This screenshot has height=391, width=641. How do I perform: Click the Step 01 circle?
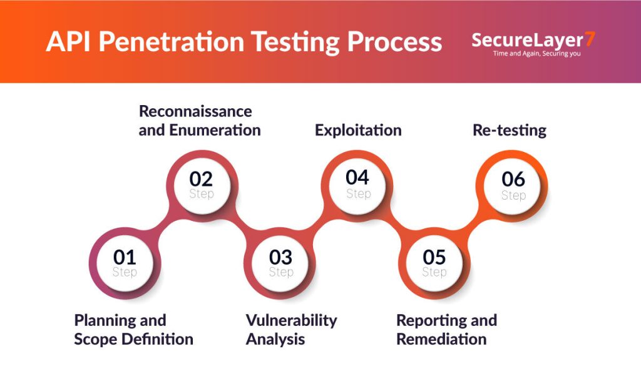(125, 263)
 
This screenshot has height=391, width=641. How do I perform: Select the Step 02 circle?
(202, 185)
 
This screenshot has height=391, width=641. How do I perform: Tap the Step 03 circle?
(281, 263)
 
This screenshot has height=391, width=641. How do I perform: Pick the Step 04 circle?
(358, 185)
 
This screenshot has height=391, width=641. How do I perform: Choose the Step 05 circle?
(434, 263)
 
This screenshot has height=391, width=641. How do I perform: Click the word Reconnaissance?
(195, 111)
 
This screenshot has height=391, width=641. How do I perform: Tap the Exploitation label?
(358, 131)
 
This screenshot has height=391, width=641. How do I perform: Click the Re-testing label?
(508, 131)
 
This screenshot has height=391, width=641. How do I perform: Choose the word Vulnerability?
(291, 320)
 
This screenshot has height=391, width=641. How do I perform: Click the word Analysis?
(275, 339)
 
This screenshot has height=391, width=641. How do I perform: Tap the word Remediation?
(441, 339)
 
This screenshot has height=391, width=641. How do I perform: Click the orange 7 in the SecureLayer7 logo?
(589, 39)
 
